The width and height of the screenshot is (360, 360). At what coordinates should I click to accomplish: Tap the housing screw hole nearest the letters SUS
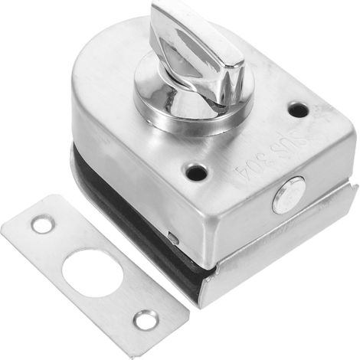pyautogui.click(x=298, y=110)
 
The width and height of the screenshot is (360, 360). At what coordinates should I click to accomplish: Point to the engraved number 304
pyautogui.click(x=249, y=174)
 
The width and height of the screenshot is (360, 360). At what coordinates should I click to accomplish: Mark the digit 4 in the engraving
pyautogui.click(x=238, y=179)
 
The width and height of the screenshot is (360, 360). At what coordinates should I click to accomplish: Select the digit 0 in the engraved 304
pyautogui.click(x=249, y=174)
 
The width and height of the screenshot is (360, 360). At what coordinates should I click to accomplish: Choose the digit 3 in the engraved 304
pyautogui.click(x=259, y=167)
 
